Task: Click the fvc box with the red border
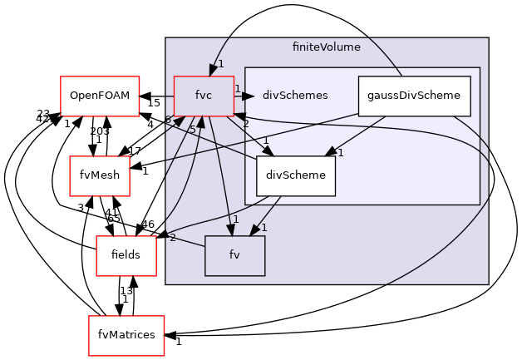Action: point(204,96)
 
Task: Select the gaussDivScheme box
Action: point(414,96)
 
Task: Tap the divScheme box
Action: point(295,175)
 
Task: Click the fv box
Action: point(234,255)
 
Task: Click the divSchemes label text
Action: point(294,96)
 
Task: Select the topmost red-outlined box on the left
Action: point(100,96)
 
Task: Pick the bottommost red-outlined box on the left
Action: point(126,335)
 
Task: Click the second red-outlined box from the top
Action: point(100,175)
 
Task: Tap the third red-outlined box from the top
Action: point(126,255)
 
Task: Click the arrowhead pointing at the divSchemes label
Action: point(248,96)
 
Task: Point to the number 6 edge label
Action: point(168,121)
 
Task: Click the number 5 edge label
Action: point(192,130)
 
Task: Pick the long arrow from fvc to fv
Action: point(219,175)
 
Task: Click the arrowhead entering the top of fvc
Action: point(214,70)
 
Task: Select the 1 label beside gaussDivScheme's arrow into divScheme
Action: point(341,152)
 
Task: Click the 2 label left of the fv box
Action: point(172,238)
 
